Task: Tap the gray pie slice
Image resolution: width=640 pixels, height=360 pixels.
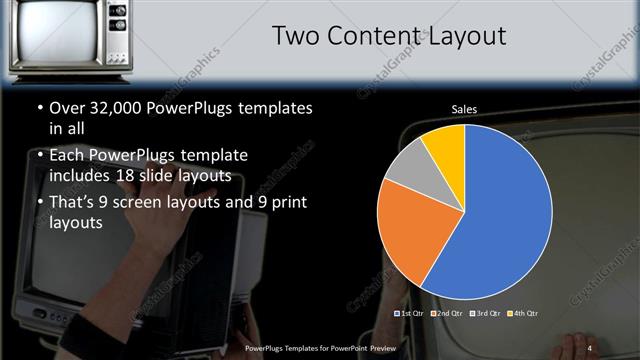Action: [x=408, y=168]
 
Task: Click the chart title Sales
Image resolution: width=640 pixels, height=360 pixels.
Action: [x=464, y=108]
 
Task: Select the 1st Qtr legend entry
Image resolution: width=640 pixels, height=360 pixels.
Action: [x=412, y=313]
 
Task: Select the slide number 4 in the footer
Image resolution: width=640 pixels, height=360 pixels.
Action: [x=589, y=347]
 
